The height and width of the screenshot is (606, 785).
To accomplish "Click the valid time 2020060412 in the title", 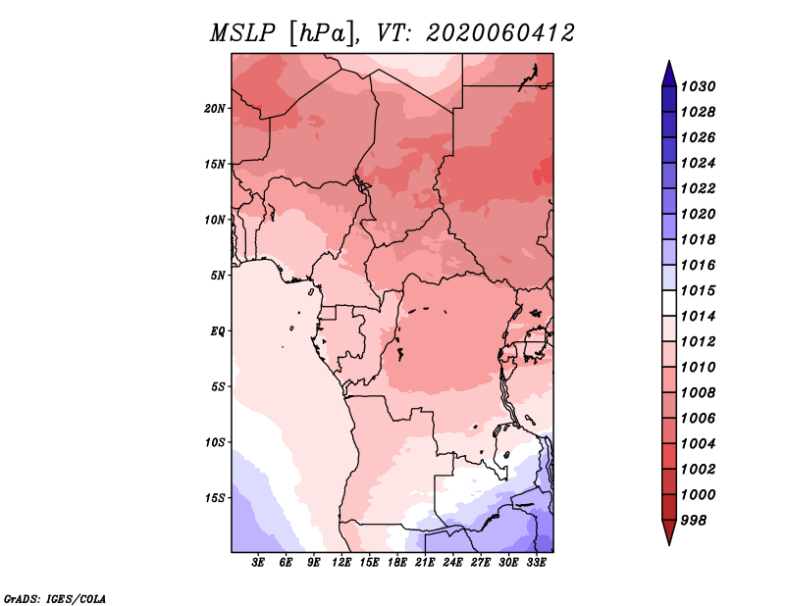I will coord(499,33).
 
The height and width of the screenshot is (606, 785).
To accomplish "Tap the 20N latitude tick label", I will coord(215,108).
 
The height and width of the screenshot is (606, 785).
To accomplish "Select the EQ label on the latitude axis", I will coord(218,330).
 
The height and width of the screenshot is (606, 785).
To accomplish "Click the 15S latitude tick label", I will coord(215,497).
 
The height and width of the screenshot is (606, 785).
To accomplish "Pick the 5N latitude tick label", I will coord(218,275).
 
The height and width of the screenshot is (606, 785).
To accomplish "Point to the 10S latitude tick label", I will coord(215,442).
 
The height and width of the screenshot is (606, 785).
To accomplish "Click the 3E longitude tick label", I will coord(259,563).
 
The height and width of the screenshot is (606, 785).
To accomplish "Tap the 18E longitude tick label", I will coord(397,563).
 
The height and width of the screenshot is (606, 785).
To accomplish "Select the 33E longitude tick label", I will coord(536,563).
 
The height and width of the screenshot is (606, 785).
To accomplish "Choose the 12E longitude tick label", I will coord(341,563).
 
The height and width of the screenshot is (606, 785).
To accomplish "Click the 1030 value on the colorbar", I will coord(701,86).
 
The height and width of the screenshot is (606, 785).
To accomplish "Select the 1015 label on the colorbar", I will coord(701,290).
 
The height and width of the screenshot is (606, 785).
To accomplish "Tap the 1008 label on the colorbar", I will coord(701,392).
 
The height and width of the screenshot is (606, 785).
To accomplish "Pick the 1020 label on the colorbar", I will coord(701,214).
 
